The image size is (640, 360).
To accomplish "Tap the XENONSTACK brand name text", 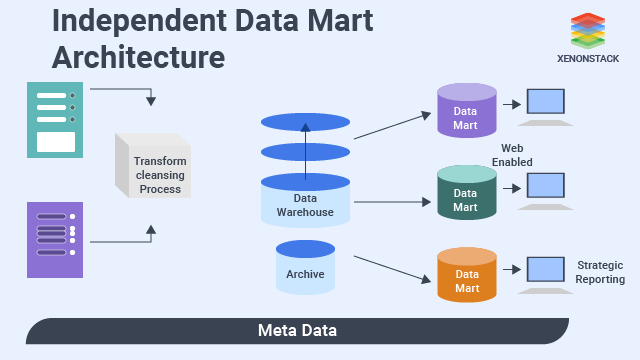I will [588, 58].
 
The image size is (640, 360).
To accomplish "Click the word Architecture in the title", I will [138, 57].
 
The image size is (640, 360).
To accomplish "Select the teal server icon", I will [55, 119].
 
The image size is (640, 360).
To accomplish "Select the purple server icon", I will [55, 239].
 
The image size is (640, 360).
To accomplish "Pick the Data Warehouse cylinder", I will [306, 200].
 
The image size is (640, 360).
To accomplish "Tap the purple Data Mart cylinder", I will [466, 110].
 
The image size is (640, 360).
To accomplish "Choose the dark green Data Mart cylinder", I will [466, 192].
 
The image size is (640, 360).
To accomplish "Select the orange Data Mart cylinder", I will [466, 276].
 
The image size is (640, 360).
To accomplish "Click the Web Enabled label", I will [517, 155].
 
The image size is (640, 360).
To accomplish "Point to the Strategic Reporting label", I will [599, 272].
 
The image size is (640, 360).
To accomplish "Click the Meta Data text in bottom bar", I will [297, 330].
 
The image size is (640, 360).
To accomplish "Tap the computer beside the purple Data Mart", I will [546, 104].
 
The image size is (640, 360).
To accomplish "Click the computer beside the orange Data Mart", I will [546, 270].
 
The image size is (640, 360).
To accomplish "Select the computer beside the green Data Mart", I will [546, 187].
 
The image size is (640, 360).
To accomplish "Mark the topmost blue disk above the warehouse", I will [306, 122].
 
